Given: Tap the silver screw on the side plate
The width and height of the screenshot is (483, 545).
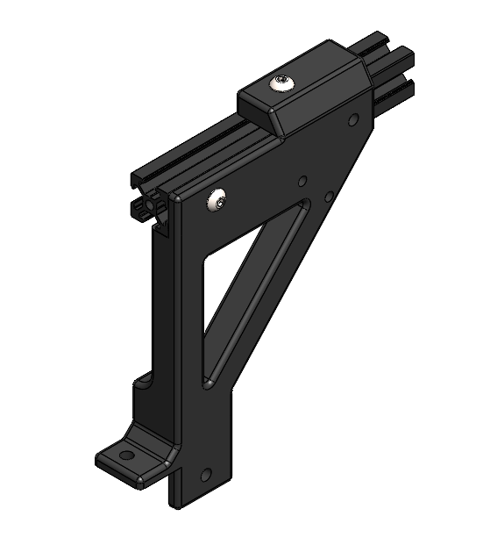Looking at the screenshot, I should (x=217, y=201).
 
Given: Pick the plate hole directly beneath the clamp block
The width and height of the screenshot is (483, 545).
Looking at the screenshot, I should (x=352, y=119).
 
